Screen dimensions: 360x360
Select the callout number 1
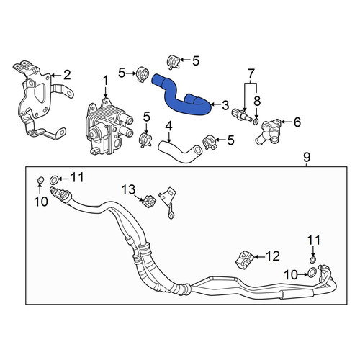[106, 81]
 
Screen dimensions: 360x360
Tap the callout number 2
[67, 75]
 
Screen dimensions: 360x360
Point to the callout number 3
[225, 105]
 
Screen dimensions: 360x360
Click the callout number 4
[169, 127]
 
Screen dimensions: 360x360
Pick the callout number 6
[297, 122]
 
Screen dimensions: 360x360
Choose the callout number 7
[251, 74]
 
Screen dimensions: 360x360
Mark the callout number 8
[257, 101]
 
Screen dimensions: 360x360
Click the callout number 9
[307, 158]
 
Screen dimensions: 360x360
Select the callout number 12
[273, 256]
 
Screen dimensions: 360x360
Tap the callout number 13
[129, 189]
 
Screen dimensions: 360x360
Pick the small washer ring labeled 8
[256, 121]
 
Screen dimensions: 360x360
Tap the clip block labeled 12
[243, 260]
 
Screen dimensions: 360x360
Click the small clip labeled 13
[149, 200]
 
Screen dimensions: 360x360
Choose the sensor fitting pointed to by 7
[241, 114]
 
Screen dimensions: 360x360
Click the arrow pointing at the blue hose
[216, 104]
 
